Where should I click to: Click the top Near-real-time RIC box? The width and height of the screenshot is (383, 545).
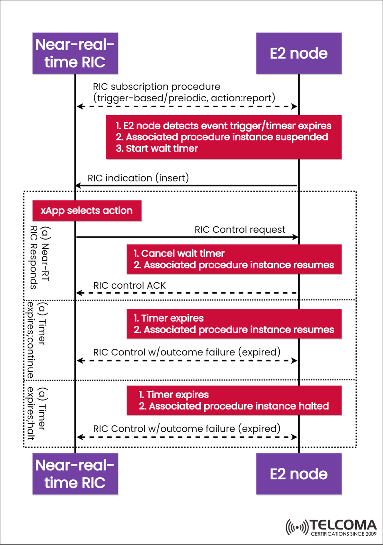(75, 53)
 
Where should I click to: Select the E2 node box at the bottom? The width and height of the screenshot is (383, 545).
(298, 474)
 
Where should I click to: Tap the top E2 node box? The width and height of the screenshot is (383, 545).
(298, 53)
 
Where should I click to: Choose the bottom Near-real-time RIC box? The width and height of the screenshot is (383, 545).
(75, 474)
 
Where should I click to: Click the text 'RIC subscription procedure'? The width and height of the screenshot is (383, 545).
(156, 87)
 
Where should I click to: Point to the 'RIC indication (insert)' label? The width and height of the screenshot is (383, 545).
(138, 178)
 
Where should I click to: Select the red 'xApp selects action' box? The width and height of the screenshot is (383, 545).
(87, 211)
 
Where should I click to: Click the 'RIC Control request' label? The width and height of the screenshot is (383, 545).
(240, 230)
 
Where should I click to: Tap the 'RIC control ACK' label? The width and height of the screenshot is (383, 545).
(129, 285)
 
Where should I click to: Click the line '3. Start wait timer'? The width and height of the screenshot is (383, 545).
(157, 149)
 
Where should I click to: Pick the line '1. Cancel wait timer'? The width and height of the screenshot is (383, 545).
(179, 254)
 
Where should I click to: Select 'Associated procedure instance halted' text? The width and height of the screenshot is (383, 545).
(239, 406)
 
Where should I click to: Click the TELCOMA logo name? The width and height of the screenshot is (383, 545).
(343, 525)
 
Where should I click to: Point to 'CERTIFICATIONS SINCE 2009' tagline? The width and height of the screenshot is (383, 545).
(344, 534)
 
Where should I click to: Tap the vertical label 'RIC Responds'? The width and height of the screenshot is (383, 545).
(34, 258)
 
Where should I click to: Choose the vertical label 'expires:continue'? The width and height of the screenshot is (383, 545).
(30, 340)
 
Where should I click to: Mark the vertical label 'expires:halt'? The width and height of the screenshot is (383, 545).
(30, 413)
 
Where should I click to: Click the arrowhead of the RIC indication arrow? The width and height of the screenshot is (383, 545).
(78, 185)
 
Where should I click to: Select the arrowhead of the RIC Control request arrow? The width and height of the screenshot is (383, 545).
(295, 237)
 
